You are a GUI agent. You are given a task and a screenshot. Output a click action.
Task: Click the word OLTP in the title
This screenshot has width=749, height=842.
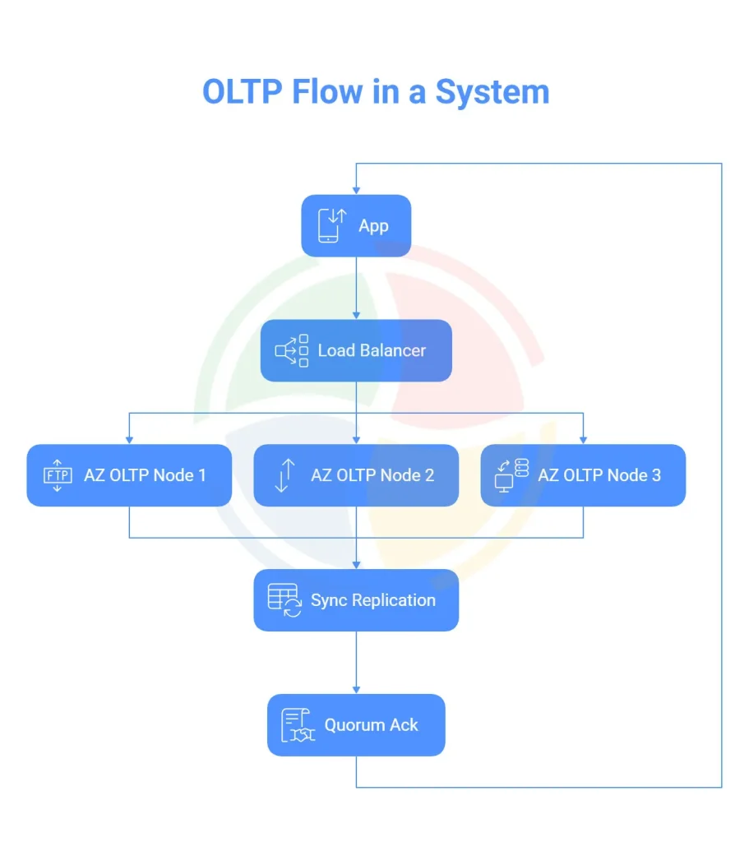coord(243,91)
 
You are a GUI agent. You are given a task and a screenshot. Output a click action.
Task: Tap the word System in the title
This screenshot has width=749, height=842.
coord(492,91)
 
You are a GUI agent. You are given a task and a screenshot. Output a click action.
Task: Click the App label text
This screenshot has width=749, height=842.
coord(373,226)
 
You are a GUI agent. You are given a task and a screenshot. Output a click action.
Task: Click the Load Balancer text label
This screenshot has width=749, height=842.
coord(372,351)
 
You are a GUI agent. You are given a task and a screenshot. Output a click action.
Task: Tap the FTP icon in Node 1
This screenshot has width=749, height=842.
coord(57,476)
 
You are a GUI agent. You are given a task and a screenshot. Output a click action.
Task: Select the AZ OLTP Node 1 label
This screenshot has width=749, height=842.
coord(145,475)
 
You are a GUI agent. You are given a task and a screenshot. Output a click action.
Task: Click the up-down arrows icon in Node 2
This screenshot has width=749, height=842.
coord(284,476)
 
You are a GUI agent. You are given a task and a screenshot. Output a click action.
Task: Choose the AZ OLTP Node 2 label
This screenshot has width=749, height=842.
coord(372,475)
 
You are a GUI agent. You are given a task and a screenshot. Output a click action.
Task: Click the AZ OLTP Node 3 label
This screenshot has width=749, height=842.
coord(599,475)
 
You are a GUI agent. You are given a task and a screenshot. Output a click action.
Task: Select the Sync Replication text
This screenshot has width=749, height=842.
coord(372,600)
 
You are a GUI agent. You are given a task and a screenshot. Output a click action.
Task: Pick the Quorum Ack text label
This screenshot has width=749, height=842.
coord(371,725)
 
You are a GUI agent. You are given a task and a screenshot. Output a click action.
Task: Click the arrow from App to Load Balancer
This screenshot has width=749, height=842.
coord(356,288)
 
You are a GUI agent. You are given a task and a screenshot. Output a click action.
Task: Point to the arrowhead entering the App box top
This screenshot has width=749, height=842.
coord(356,190)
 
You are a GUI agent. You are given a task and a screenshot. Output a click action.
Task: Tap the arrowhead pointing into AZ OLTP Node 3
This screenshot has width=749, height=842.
coord(583,439)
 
